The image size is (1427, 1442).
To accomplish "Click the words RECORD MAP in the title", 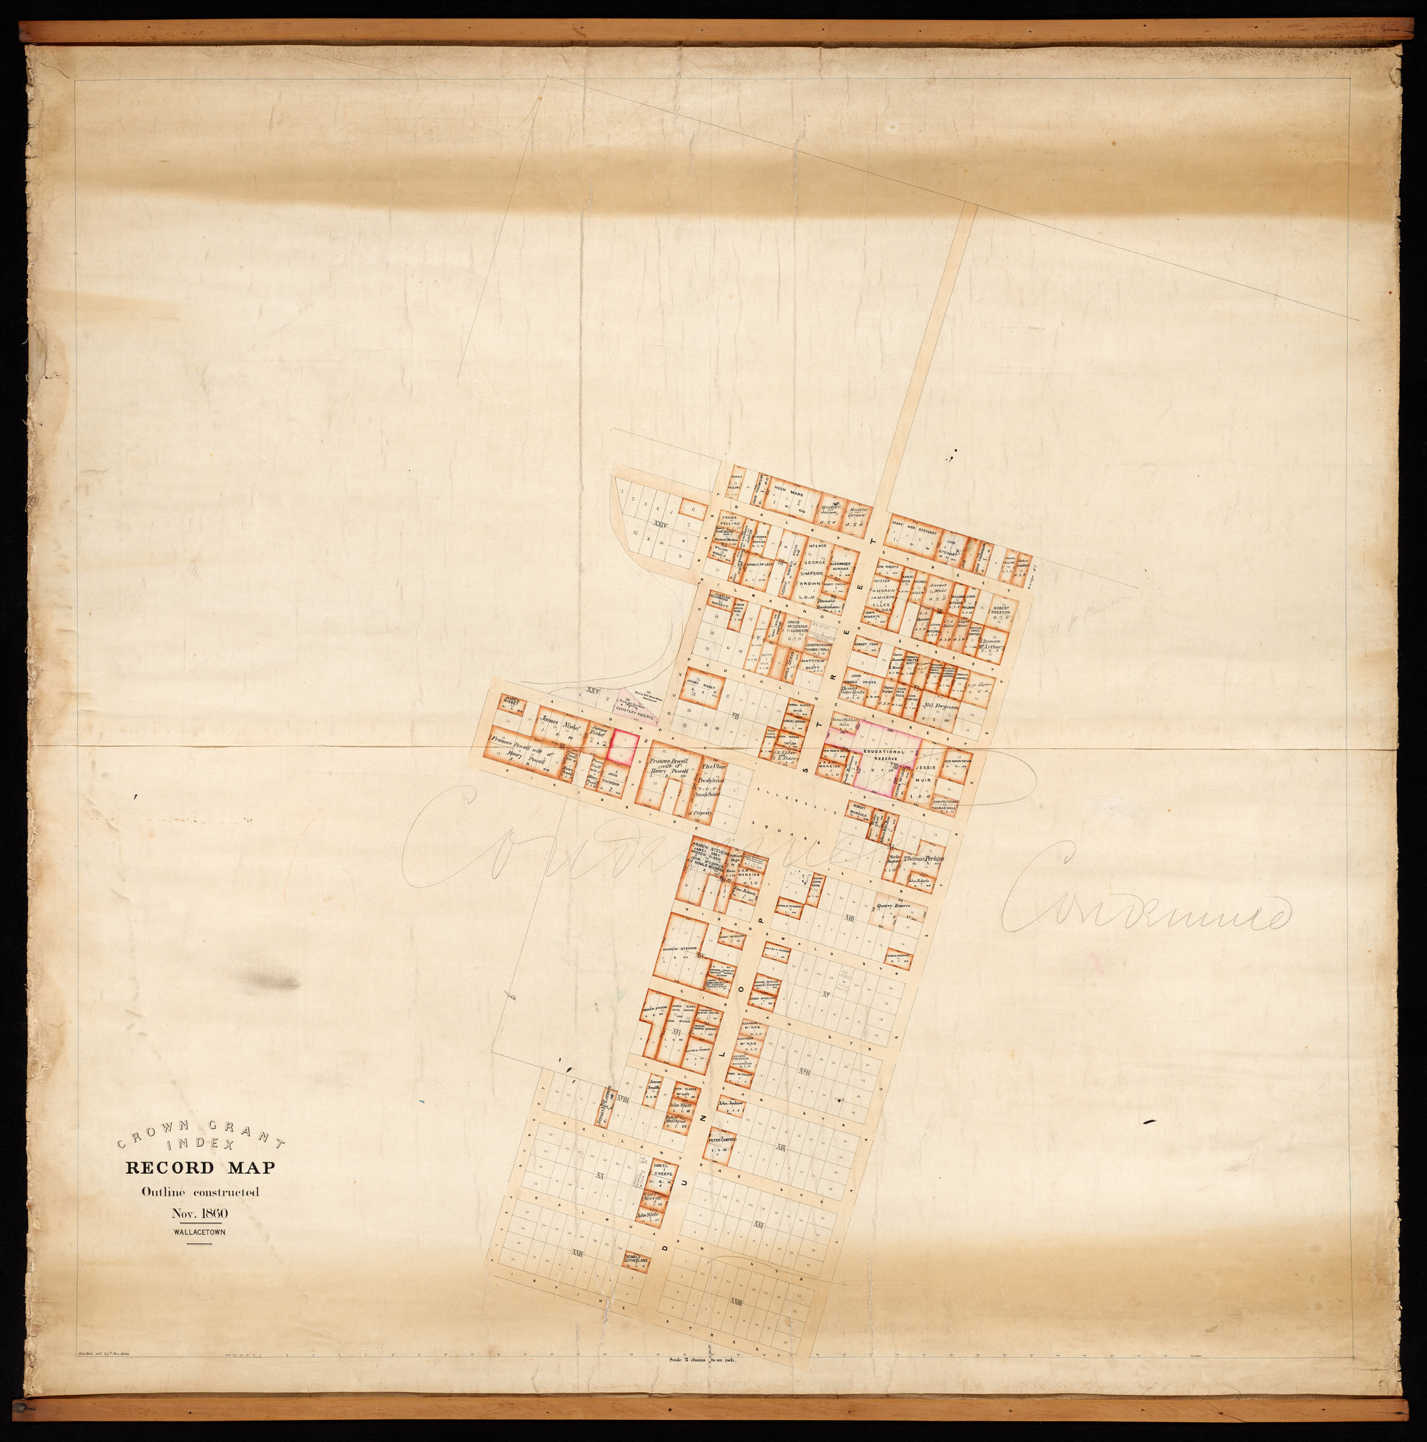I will click(200, 1167).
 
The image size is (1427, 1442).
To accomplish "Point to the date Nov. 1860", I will click(200, 1214).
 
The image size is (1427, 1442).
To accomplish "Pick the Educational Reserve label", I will click(884, 755).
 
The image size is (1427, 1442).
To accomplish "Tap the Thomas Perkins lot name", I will click(924, 859).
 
